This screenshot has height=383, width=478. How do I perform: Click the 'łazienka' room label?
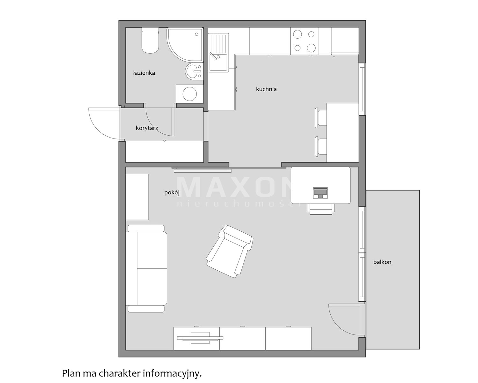click(x=144, y=73)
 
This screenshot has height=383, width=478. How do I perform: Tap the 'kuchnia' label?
click(x=266, y=89)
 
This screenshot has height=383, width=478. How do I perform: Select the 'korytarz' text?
click(x=147, y=128)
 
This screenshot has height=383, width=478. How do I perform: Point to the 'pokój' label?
click(x=172, y=192)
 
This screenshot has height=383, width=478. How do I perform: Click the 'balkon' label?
click(x=382, y=262)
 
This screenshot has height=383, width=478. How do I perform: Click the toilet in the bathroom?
click(x=150, y=40)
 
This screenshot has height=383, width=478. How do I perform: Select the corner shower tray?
click(x=185, y=44)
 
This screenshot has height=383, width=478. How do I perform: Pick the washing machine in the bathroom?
click(x=190, y=94)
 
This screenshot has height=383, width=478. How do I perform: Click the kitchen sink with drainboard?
click(x=219, y=53)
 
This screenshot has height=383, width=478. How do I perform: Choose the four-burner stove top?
click(x=304, y=41)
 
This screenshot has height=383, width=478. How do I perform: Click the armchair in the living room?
click(x=230, y=251)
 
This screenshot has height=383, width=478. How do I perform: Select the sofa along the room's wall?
click(x=146, y=268)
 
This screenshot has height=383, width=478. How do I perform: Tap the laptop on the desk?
click(x=320, y=193)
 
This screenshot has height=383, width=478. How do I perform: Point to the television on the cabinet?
click(x=200, y=338)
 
